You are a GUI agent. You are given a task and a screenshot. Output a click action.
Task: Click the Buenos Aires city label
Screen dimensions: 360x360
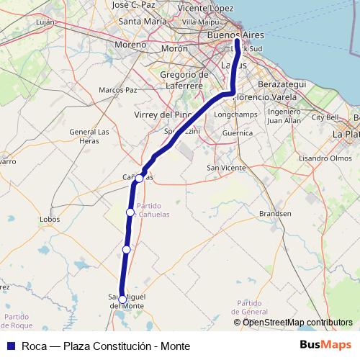click(235, 35)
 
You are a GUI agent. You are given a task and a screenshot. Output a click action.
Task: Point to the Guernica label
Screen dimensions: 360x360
click(238, 132)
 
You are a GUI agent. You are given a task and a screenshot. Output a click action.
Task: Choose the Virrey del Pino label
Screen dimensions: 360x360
click(163, 114)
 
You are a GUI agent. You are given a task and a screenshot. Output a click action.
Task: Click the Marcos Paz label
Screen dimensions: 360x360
click(117, 90)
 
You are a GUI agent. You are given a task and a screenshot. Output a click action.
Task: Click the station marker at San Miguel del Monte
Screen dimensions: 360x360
click(122, 299)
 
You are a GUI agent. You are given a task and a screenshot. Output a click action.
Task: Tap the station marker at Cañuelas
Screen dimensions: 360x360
click(139, 177)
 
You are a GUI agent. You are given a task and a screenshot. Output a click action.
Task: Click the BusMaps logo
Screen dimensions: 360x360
click(325, 346)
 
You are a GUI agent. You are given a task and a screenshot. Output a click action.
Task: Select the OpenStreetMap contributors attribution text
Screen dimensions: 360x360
click(297, 323)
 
